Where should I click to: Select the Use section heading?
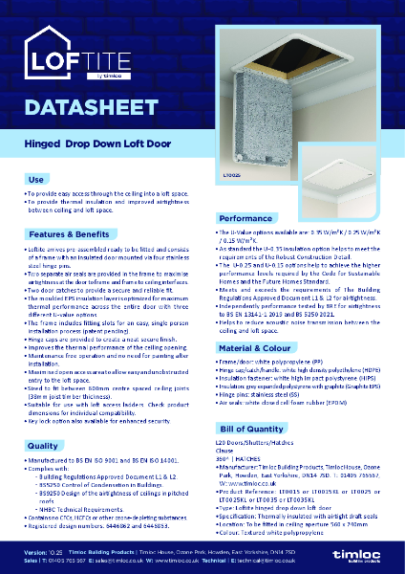(x=36, y=179)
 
